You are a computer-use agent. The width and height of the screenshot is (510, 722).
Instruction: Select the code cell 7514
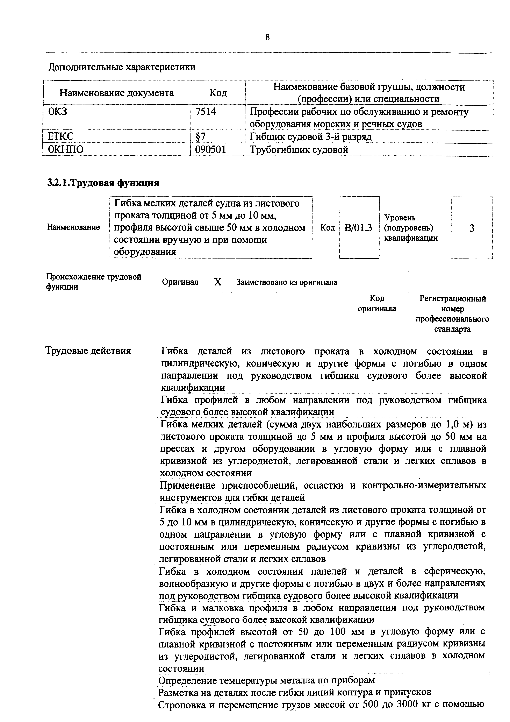[206, 112]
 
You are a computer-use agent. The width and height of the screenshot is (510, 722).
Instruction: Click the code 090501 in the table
[210, 149]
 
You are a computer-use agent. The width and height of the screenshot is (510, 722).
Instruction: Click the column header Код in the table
[218, 93]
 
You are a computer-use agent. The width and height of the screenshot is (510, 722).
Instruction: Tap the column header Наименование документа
[117, 93]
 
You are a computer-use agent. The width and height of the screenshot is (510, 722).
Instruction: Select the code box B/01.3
[359, 227]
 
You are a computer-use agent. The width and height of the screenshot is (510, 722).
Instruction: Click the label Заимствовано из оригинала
[287, 282]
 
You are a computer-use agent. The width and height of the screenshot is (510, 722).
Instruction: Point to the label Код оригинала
[377, 303]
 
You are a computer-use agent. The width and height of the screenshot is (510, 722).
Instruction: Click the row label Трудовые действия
[88, 351]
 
